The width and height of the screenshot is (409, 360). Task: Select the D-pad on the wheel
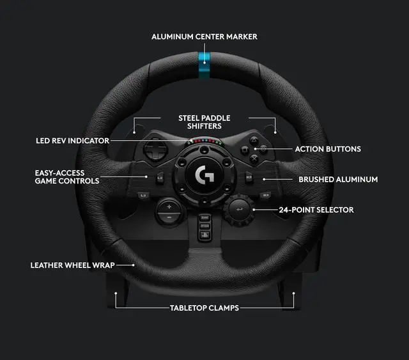153,151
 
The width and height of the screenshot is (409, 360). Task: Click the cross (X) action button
254,159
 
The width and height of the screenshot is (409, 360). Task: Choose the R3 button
265,194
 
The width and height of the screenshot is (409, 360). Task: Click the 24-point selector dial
240,209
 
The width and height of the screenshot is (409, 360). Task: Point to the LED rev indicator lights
204,142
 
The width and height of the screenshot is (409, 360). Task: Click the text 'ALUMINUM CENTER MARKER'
204,36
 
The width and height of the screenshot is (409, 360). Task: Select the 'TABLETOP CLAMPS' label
204,308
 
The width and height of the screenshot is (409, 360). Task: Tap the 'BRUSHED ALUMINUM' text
338,180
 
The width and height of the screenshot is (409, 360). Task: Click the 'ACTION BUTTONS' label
328,149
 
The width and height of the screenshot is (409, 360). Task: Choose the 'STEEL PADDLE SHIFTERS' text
204,122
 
